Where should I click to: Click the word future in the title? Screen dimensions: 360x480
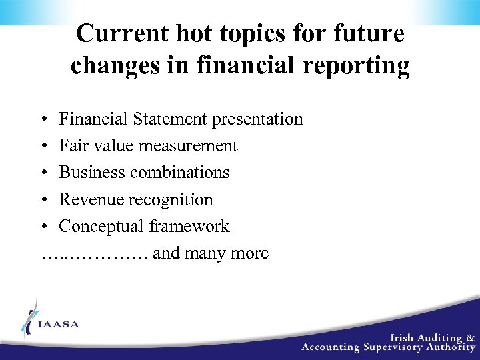coord(374,34)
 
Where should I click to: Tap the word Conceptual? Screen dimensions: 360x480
coord(101,227)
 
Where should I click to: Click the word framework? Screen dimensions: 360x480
coord(189,227)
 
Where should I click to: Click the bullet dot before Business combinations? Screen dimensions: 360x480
coord(43,173)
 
